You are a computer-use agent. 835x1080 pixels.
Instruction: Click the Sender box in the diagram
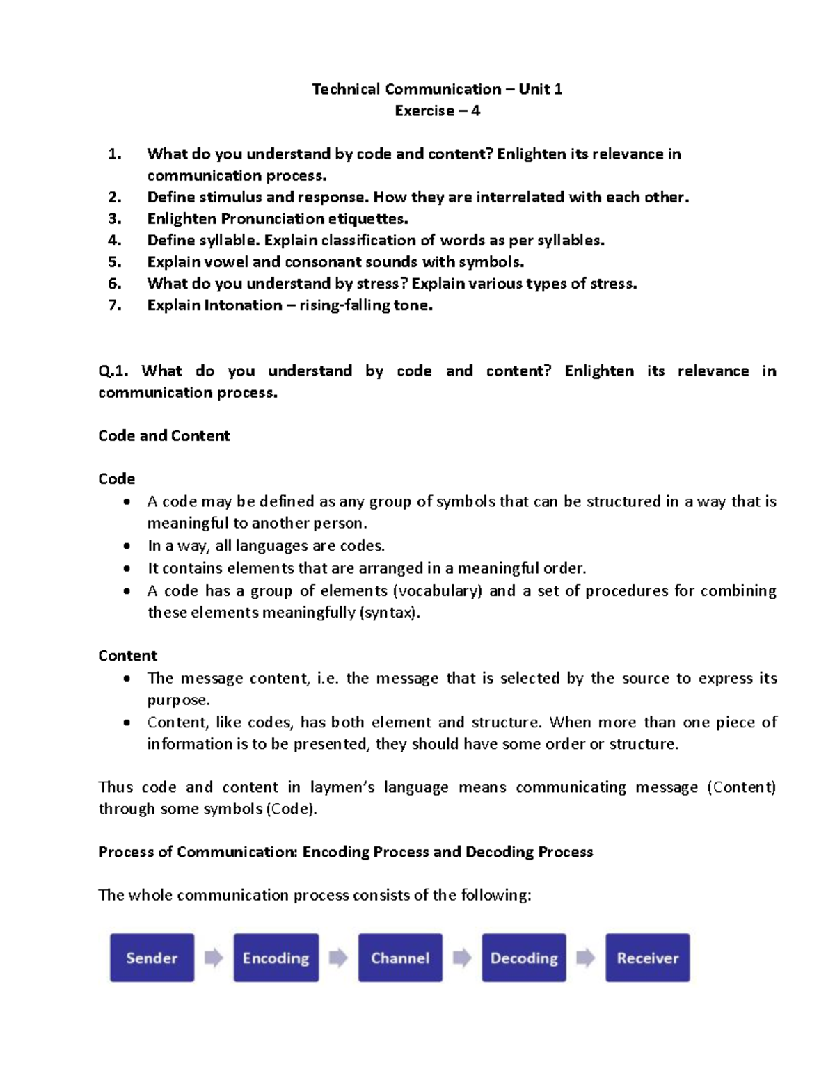point(152,958)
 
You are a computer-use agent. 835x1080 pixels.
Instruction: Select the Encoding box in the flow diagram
point(276,958)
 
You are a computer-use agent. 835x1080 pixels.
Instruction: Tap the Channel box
point(400,958)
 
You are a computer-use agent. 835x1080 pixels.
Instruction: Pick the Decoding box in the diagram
point(524,958)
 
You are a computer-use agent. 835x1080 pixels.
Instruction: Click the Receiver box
point(647,958)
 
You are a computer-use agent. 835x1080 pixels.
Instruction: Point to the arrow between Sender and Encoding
point(214,958)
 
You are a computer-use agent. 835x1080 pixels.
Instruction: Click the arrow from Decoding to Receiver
point(586,958)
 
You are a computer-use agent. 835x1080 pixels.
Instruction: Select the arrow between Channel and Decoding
point(462,958)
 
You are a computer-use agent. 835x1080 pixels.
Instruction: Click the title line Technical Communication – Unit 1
point(437,89)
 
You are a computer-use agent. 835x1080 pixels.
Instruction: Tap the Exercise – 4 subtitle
point(437,111)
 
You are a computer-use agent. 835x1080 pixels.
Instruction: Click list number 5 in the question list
point(115,261)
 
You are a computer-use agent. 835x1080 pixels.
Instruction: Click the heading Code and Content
point(164,435)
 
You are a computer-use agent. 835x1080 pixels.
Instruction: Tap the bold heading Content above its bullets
point(127,655)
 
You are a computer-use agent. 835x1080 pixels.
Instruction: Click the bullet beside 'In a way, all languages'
point(126,546)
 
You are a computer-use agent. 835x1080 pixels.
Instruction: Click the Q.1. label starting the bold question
point(113,371)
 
